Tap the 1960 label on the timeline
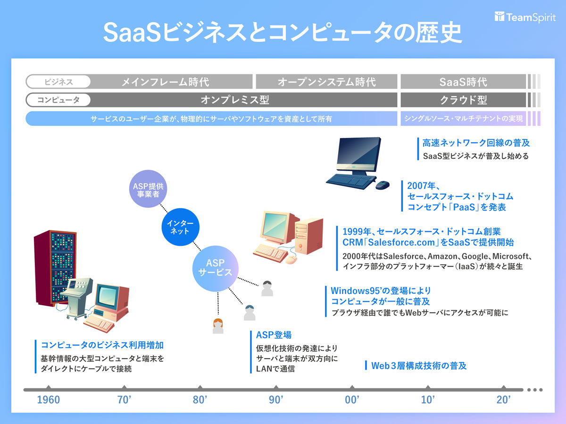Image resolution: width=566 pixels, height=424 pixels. point(49,400)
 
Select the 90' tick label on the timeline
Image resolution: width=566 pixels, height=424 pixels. point(276,400)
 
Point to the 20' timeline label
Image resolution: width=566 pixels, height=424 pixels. point(504,400)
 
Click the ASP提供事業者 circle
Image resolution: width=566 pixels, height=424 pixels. point(149,189)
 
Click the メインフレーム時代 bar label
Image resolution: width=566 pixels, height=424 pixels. point(165,82)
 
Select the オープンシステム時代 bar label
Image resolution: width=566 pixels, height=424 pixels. point(326,82)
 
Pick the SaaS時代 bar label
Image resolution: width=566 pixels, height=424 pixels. point(463,82)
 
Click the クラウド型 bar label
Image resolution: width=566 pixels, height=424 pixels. point(463,100)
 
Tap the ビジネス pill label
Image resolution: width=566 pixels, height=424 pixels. point(58,82)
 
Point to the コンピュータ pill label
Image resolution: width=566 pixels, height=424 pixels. point(58,100)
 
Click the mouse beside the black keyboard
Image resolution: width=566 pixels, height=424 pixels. point(382,185)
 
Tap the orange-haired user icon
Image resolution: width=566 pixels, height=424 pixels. point(218,326)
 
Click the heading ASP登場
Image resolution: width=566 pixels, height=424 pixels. point(274,335)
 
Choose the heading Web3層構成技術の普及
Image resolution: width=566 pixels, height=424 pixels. point(419,365)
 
